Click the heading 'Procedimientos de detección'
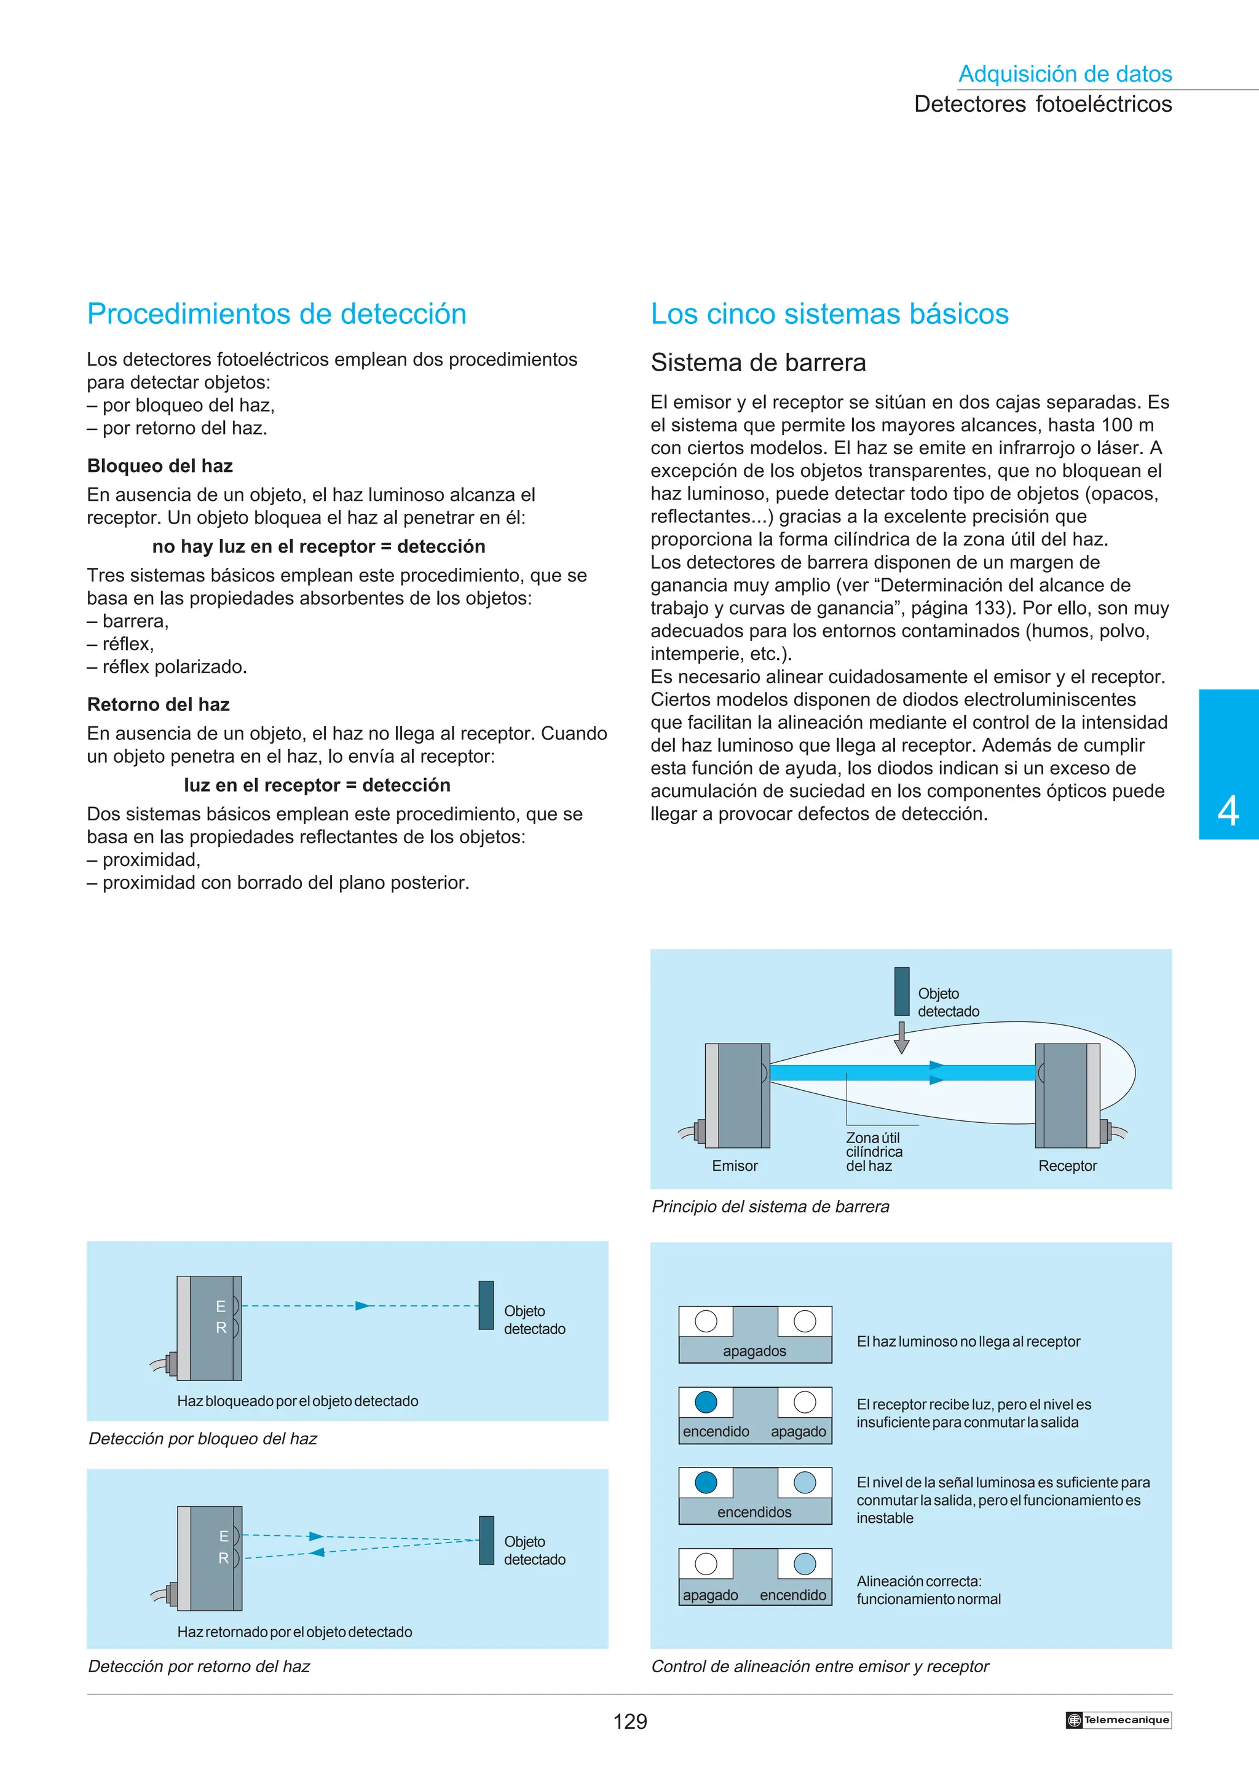click(x=276, y=314)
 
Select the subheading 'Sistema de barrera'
click(x=758, y=362)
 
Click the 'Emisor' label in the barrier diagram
click(x=734, y=1166)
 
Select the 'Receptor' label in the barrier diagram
click(x=1067, y=1166)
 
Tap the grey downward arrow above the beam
click(x=901, y=1037)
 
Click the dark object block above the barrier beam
click(x=901, y=991)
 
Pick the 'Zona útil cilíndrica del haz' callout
click(x=874, y=1152)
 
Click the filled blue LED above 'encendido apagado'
click(x=705, y=1402)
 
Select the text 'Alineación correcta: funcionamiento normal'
click(x=928, y=1590)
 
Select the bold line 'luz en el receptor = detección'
click(x=317, y=785)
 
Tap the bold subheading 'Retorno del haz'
click(x=158, y=704)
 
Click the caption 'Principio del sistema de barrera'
click(x=770, y=1206)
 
